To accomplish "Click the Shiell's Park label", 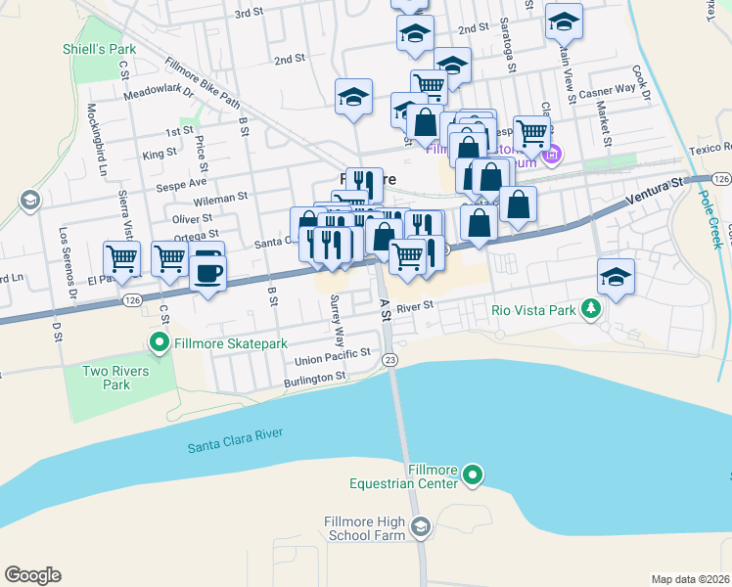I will [x=99, y=49].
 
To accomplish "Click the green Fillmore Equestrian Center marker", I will [x=473, y=476].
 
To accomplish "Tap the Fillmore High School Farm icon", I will [x=420, y=528].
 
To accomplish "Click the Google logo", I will [x=32, y=574].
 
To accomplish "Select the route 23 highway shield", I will [x=390, y=361].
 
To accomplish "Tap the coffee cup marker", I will [x=206, y=270].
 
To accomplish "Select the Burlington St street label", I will [x=315, y=376].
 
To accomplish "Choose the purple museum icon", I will [x=551, y=155].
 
